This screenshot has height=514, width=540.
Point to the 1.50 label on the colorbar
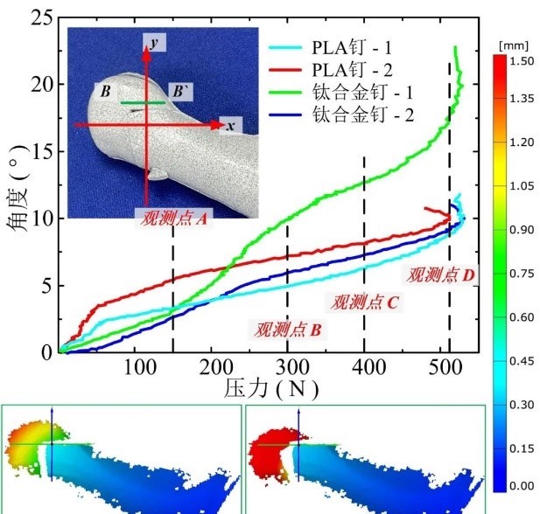click(x=521, y=61)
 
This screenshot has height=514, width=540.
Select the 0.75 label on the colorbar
click(x=521, y=273)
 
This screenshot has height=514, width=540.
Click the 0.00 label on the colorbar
click(x=521, y=485)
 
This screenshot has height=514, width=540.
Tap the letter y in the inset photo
click(x=154, y=42)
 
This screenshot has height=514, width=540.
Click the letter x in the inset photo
click(x=229, y=127)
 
